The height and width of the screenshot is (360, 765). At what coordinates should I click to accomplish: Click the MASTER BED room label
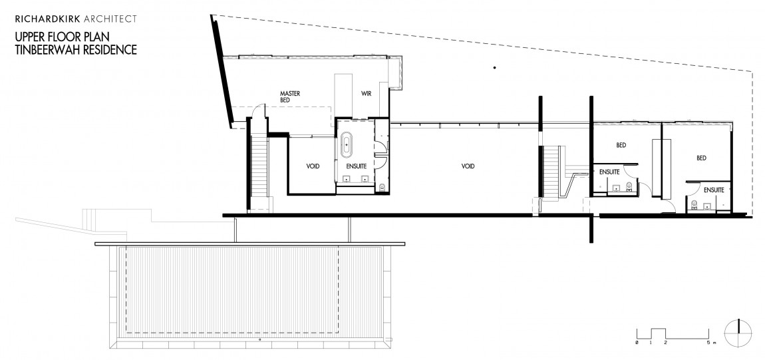tap(290, 96)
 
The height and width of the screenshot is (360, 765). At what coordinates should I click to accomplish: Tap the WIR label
tap(366, 93)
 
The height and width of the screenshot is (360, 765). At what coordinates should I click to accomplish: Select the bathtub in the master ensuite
tap(349, 144)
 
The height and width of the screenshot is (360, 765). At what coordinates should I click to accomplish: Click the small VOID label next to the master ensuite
tap(313, 166)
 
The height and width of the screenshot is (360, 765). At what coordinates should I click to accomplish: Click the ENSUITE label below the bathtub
tap(357, 166)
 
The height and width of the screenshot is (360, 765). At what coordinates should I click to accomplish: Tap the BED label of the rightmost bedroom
tap(701, 158)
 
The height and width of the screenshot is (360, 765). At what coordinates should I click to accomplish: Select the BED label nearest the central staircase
tap(621, 144)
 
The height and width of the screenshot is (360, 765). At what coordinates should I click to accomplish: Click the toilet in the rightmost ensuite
tap(694, 204)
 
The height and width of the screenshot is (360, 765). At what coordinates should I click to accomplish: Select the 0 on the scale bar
tap(637, 343)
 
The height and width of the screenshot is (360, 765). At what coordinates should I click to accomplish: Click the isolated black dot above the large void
tap(494, 67)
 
